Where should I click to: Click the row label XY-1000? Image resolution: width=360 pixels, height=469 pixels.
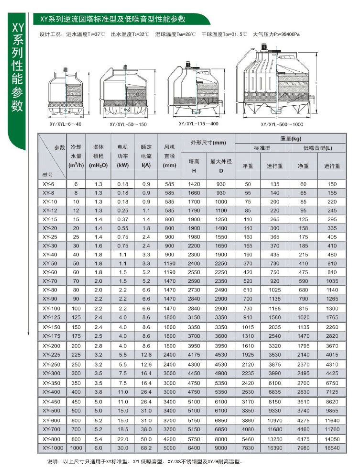49,447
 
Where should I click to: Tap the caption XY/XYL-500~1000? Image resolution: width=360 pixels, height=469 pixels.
282,124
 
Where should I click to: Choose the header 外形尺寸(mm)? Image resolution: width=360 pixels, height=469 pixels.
207,143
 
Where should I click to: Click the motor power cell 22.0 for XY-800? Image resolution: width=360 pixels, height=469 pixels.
123,438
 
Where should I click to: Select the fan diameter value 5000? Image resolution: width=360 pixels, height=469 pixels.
170,447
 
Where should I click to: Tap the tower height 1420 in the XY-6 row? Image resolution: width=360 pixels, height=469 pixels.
194,184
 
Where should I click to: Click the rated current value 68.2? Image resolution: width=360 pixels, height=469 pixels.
146,447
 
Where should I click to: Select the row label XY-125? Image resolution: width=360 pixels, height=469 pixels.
49,317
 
